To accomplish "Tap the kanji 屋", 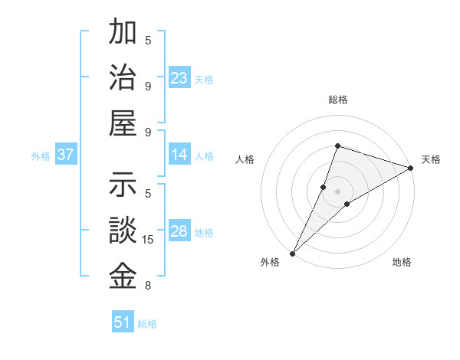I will (x=123, y=123).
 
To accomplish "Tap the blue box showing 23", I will (x=179, y=78).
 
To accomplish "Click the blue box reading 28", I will (x=179, y=232).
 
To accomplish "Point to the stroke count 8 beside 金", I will (x=148, y=286).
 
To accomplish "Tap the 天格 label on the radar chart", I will (x=431, y=159).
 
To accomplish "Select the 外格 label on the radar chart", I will (x=270, y=262).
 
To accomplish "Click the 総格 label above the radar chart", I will (x=337, y=100).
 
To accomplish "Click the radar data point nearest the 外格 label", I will (x=292, y=253).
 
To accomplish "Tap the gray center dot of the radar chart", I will (x=337, y=191).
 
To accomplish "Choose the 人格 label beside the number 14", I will (x=204, y=156).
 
